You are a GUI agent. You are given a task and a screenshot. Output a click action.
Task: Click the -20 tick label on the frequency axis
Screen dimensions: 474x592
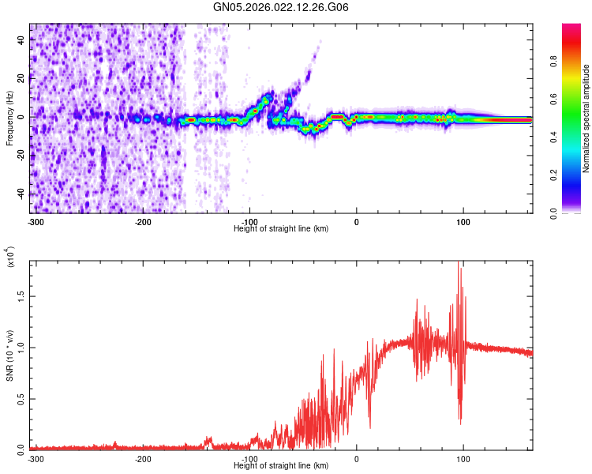pyautogui.click(x=21, y=155)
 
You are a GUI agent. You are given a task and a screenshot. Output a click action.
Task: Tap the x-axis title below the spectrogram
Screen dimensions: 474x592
pyautogui.click(x=281, y=228)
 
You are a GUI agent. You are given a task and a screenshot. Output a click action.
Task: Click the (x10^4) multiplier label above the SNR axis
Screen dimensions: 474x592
pyautogui.click(x=9, y=258)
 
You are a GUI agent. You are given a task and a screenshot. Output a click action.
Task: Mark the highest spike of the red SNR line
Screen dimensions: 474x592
pyautogui.click(x=459, y=263)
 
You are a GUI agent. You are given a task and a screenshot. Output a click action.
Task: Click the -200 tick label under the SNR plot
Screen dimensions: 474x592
pyautogui.click(x=143, y=458)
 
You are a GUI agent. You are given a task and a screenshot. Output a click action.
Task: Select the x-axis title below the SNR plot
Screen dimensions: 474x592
pyautogui.click(x=281, y=465)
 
